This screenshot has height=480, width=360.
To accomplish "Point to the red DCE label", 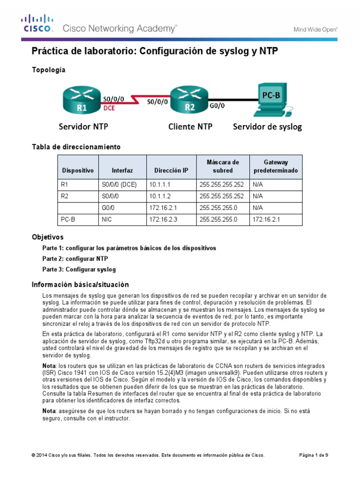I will tap(109, 107).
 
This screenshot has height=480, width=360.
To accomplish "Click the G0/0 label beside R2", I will tap(217, 106).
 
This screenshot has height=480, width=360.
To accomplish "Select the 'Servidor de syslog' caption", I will tap(267, 127).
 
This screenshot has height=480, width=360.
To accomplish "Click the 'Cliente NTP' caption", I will tap(190, 127).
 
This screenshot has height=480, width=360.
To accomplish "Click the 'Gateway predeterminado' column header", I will tap(275, 166).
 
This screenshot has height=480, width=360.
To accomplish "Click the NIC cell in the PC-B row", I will tap(121, 219).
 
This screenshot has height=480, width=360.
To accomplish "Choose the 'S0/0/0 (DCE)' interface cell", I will tap(121, 185).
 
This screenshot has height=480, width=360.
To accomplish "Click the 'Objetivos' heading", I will tap(47, 237).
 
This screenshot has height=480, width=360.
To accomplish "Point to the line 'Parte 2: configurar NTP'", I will tap(75, 258).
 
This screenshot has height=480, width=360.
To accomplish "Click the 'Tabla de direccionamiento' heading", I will tap(76, 147).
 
